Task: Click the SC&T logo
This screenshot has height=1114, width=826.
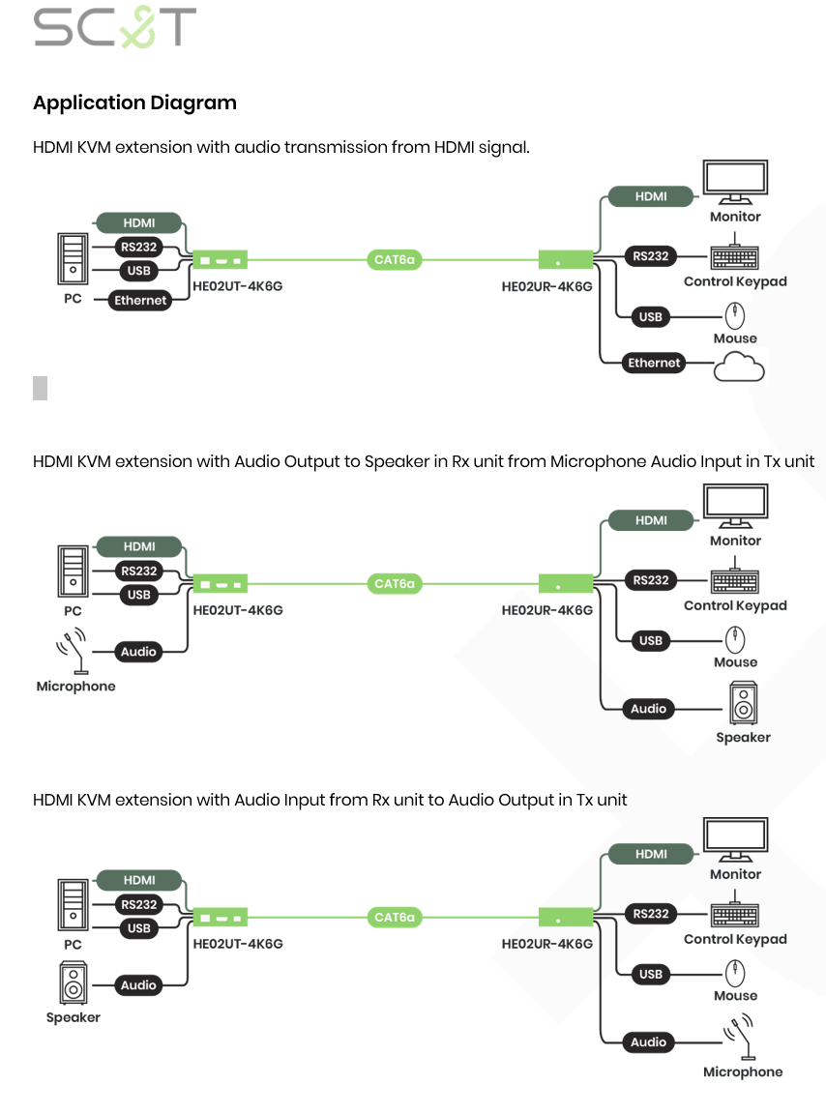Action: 114,27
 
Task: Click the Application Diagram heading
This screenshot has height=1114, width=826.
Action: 134,103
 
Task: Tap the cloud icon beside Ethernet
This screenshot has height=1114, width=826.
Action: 739,366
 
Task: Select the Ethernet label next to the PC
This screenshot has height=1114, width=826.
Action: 140,301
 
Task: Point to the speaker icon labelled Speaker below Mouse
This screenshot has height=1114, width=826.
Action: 743,704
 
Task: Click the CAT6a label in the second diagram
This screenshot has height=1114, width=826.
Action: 395,584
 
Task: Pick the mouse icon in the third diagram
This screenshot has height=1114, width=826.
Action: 735,972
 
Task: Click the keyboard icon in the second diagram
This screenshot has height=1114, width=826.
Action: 735,581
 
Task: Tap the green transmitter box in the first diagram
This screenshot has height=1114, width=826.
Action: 221,259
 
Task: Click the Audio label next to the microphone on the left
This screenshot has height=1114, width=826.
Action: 138,652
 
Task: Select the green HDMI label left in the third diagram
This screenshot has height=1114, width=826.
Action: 139,880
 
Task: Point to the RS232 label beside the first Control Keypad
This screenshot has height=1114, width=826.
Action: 651,256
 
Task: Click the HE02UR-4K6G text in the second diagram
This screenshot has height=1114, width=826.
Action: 546,610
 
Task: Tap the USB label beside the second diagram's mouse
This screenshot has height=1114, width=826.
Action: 651,640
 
